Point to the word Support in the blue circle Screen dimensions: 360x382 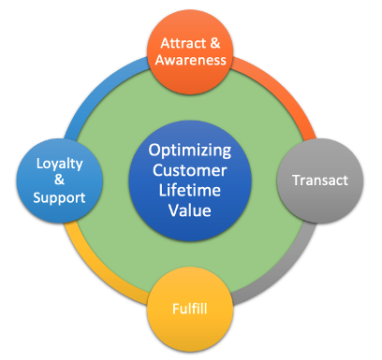(x=60, y=198)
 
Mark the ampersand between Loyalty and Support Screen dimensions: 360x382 (x=60, y=179)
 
